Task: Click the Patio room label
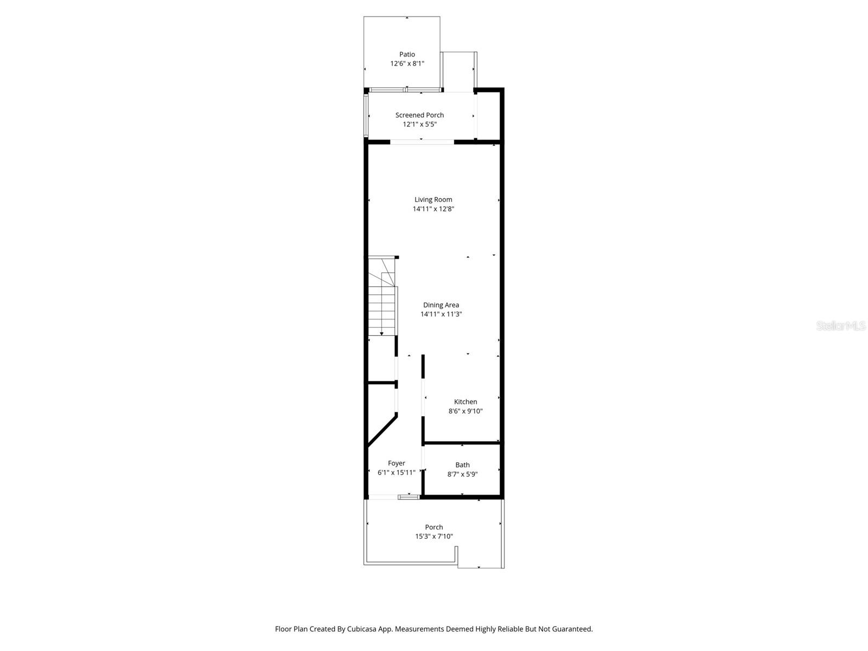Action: pos(407,54)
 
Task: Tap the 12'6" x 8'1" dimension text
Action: pos(407,63)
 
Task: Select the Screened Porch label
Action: pos(419,115)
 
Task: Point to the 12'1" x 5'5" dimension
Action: pos(419,124)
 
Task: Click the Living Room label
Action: pos(433,200)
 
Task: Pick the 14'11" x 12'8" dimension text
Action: pos(433,209)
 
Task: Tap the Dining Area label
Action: pos(441,305)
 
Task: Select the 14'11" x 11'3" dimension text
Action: pos(441,314)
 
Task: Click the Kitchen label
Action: pos(465,402)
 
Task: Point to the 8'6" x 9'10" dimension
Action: pos(465,411)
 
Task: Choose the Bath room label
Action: pos(462,465)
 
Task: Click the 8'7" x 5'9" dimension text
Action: pos(462,474)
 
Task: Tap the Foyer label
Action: pos(396,463)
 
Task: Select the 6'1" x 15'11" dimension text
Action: pos(396,473)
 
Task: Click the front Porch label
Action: pos(433,527)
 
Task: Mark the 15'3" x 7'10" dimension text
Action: pos(433,537)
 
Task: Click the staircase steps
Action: pos(382,312)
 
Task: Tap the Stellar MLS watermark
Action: pos(841,326)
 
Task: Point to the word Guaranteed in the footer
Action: pos(572,629)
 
